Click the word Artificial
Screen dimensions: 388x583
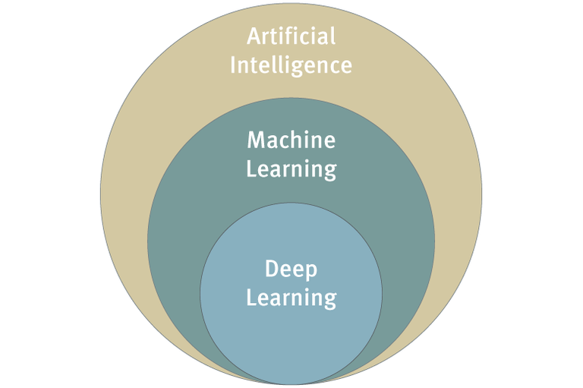291,36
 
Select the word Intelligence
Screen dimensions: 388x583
291,65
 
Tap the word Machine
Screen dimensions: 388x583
291,140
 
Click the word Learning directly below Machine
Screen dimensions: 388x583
291,168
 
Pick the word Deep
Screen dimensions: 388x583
291,270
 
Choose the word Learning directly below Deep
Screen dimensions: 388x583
291,297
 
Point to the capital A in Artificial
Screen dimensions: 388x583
255,36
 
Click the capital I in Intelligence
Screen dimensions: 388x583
234,65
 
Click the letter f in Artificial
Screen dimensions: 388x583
291,36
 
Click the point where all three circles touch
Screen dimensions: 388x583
291,383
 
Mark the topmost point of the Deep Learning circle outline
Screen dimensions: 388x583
291,203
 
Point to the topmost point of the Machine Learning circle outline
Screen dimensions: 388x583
291,97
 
